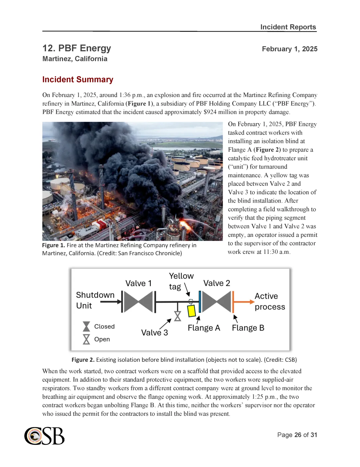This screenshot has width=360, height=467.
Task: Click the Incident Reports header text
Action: click(x=288, y=27)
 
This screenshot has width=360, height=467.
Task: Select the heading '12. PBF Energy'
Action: click(x=77, y=48)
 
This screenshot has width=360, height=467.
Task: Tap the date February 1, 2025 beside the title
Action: click(x=289, y=49)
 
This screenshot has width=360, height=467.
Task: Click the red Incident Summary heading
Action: click(x=78, y=80)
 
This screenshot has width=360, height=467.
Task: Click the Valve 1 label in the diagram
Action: click(x=138, y=283)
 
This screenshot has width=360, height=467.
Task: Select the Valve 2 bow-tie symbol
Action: click(x=216, y=302)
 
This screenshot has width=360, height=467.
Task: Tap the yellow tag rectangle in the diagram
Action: click(x=191, y=311)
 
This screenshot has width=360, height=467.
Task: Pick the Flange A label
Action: click(x=204, y=328)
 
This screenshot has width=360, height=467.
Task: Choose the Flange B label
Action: click(x=248, y=328)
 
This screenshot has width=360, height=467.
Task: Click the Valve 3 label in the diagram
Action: click(x=154, y=333)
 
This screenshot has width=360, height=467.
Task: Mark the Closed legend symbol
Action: click(x=86, y=326)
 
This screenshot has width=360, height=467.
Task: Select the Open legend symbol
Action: click(x=86, y=339)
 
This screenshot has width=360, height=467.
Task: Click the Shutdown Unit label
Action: click(x=95, y=300)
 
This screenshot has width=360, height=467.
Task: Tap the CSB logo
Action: click(x=44, y=436)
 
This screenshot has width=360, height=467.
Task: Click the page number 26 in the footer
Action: click(x=298, y=435)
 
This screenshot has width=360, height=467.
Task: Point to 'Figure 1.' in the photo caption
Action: click(x=53, y=245)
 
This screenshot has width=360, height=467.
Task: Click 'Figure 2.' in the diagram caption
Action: click(x=83, y=360)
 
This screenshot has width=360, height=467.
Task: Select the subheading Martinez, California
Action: click(x=75, y=59)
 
